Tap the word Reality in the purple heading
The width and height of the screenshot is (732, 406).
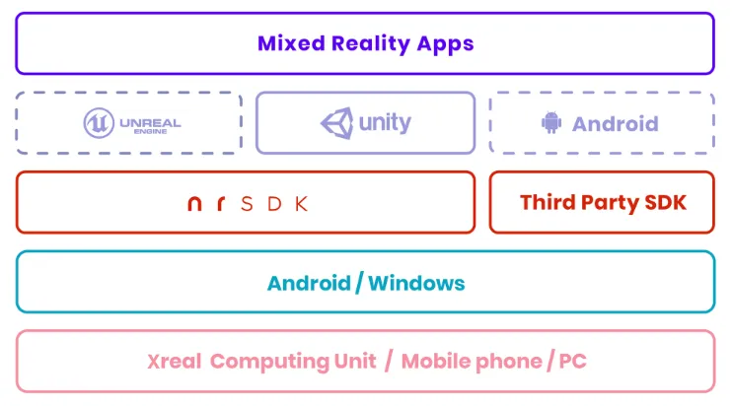(x=371, y=44)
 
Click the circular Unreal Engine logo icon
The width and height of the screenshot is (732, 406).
(x=99, y=123)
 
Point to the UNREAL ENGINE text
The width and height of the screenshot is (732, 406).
(x=150, y=125)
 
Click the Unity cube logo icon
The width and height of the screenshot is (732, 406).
(x=337, y=123)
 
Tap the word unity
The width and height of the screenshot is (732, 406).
(x=385, y=123)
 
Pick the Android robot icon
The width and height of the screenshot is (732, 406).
(x=551, y=122)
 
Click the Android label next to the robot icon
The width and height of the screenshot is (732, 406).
(x=616, y=124)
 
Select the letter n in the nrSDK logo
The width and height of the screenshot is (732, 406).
(x=194, y=204)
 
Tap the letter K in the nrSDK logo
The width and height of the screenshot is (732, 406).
(x=302, y=204)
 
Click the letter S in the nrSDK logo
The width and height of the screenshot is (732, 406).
(x=247, y=204)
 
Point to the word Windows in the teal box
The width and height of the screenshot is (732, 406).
(x=416, y=284)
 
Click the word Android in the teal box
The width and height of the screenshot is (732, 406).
(x=309, y=284)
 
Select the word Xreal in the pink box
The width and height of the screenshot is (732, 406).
(x=175, y=362)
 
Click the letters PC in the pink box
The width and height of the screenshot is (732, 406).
(x=572, y=362)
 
